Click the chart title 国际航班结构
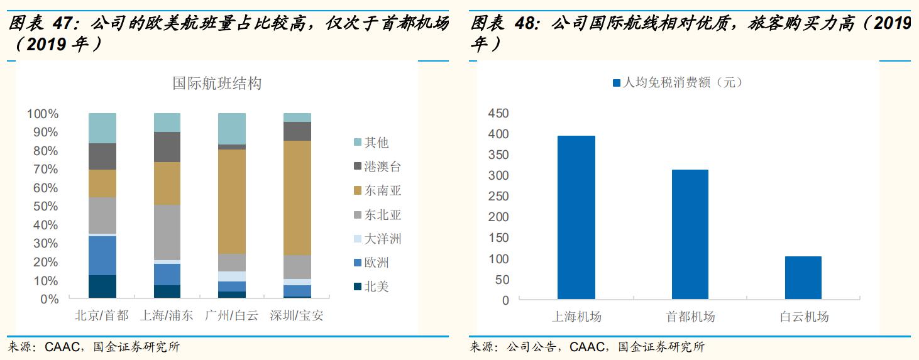[x=217, y=84]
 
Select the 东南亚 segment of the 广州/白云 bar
[x=232, y=201]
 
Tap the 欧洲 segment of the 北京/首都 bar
[x=102, y=255]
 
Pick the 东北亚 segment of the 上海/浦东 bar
[x=167, y=232]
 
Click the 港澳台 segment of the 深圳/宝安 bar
[x=297, y=131]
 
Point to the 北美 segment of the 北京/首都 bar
[x=102, y=286]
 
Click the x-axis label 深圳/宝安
[x=297, y=315]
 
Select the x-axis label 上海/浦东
[x=167, y=315]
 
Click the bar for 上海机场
[x=576, y=217]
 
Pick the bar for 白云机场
[x=803, y=277]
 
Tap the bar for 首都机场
[x=690, y=234]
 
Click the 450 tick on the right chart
[x=498, y=114]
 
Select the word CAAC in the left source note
[x=63, y=347]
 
